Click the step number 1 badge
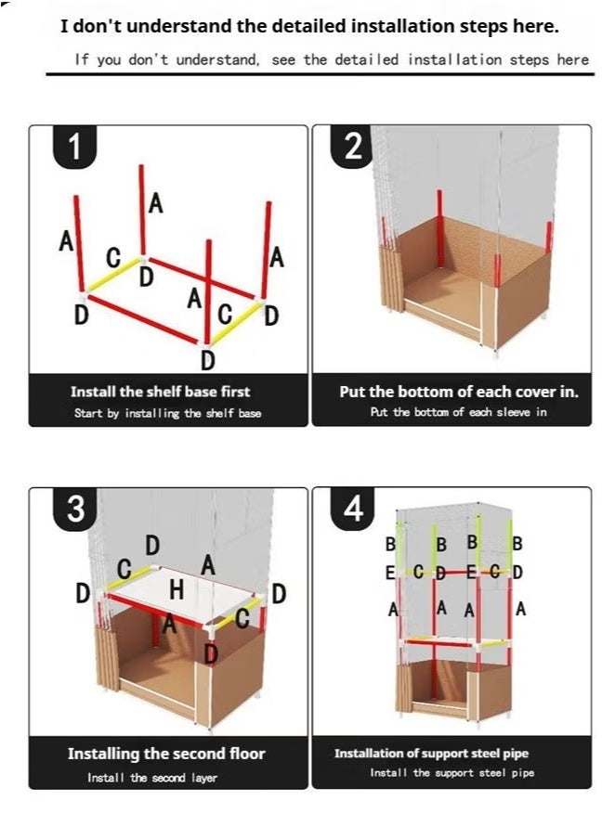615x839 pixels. (74, 146)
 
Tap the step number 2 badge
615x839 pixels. (352, 145)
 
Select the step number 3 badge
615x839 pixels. (75, 508)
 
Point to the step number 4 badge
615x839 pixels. (352, 508)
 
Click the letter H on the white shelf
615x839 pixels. (177, 589)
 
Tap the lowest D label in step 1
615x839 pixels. (208, 360)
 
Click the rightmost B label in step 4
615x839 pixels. (517, 544)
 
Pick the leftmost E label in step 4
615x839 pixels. (390, 573)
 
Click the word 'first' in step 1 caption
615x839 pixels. (235, 391)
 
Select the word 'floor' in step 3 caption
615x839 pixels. (247, 754)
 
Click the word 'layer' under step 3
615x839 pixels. (204, 778)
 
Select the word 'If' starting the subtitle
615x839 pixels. (81, 58)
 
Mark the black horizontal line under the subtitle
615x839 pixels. (320, 74)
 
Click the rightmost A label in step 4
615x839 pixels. (520, 609)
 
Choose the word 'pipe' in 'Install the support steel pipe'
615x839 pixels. (522, 773)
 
